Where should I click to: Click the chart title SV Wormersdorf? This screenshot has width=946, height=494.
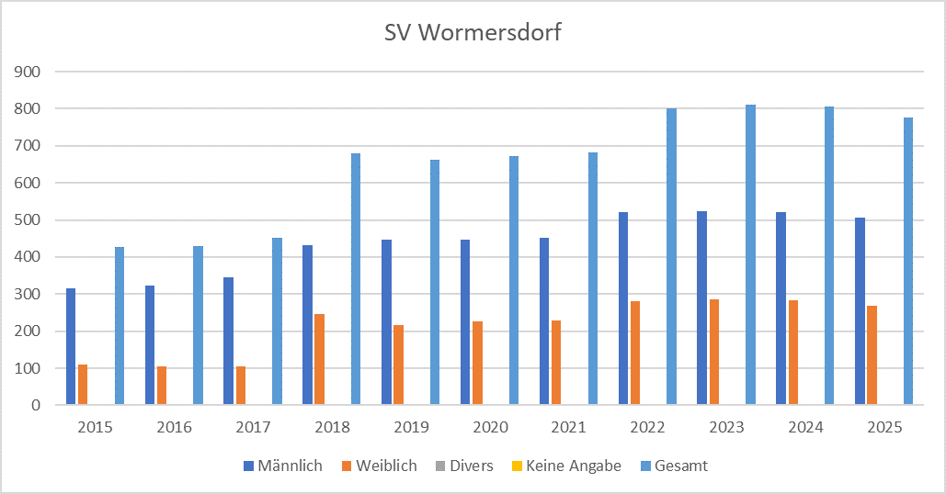(x=473, y=34)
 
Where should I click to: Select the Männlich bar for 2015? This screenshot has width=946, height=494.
(x=71, y=347)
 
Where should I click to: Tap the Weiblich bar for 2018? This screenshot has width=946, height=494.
(x=319, y=359)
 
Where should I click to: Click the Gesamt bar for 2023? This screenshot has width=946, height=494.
(x=750, y=254)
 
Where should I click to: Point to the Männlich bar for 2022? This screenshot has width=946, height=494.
(x=623, y=309)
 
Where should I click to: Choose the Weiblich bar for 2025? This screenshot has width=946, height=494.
(x=872, y=355)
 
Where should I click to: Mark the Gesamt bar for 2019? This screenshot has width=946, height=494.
(x=435, y=282)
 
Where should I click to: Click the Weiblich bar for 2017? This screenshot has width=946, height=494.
(x=241, y=386)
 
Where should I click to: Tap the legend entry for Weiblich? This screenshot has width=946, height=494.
(x=381, y=466)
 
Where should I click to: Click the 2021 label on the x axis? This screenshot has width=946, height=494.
(x=568, y=427)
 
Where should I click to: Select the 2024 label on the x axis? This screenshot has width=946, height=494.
(x=804, y=427)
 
